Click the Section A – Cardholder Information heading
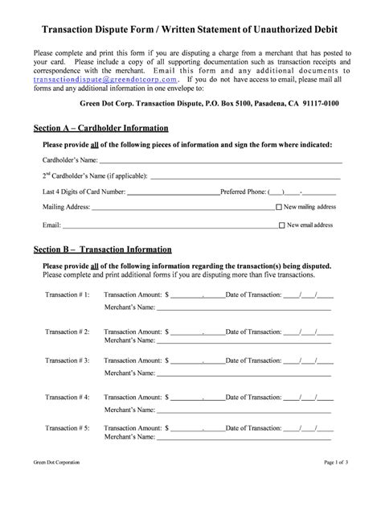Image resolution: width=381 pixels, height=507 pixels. click(x=100, y=128)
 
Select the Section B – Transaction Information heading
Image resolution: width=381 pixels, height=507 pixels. click(x=103, y=249)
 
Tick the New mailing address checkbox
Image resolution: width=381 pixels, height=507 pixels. click(x=280, y=207)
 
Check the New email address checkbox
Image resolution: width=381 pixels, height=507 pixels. click(x=281, y=225)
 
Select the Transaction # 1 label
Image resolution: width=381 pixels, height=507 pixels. click(x=68, y=295)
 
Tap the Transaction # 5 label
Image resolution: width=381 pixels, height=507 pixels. click(x=68, y=427)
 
